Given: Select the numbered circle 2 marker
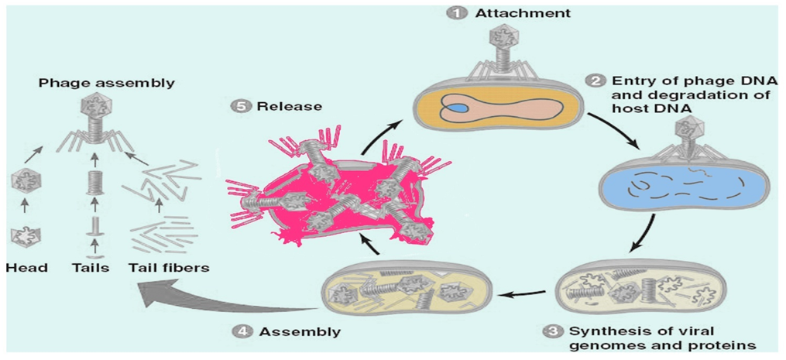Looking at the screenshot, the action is [x=596, y=81].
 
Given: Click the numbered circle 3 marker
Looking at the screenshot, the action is [x=551, y=331].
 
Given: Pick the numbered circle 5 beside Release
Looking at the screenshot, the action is [x=240, y=106].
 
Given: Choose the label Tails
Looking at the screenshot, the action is [x=93, y=268].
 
